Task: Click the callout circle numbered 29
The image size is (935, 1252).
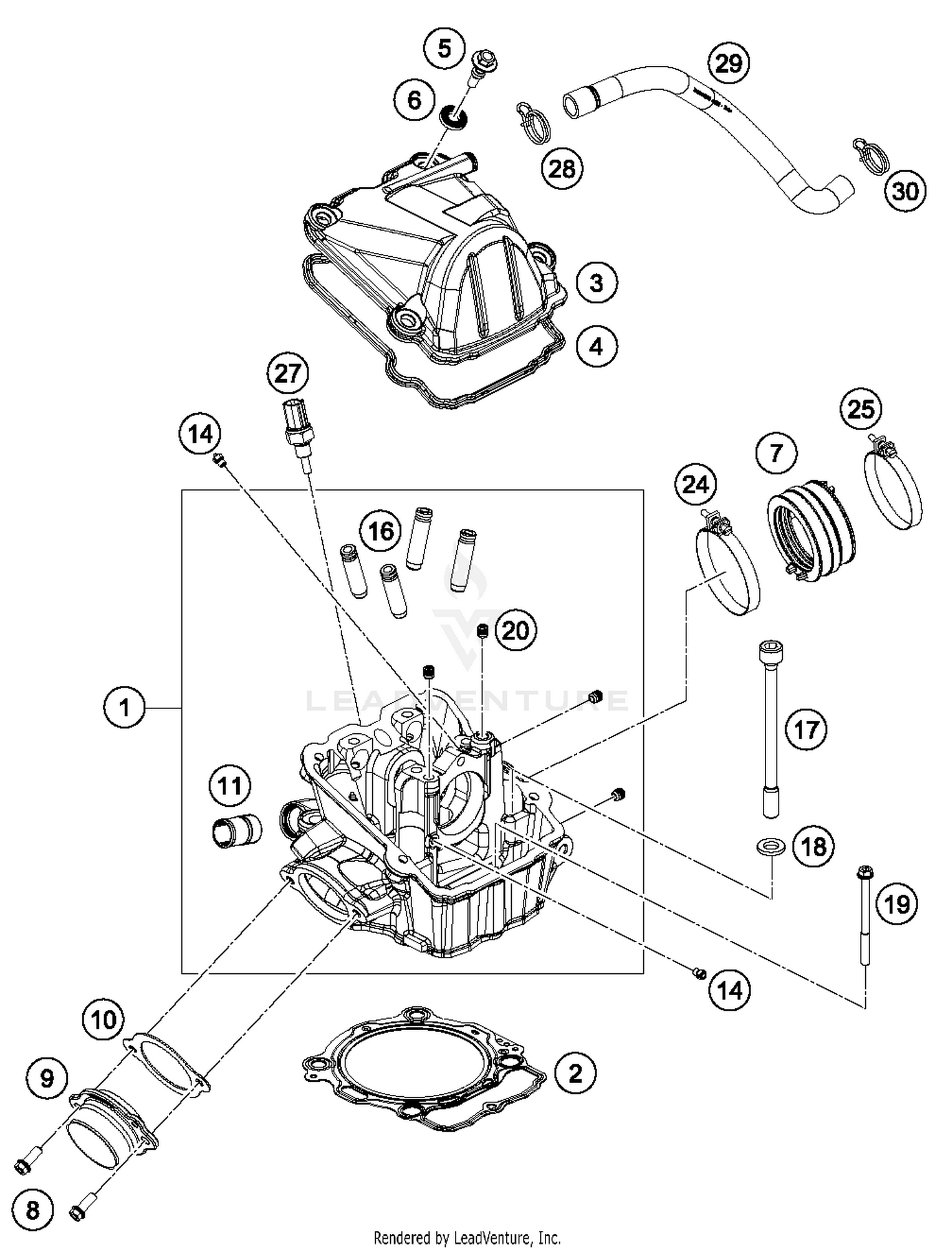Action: coord(728,64)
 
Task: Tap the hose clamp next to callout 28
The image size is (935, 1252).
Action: coord(532,122)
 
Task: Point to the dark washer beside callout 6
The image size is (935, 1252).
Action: coord(454,117)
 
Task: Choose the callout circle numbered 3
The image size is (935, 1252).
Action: coord(596,282)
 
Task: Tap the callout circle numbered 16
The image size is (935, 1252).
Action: coord(381,531)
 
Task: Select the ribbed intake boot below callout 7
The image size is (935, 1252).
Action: coord(810,530)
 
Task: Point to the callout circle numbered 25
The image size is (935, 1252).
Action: coord(861,410)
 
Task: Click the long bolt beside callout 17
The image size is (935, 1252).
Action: coord(771,730)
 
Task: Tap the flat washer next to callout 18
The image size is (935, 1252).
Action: coord(770,847)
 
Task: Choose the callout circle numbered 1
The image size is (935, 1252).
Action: coord(124,708)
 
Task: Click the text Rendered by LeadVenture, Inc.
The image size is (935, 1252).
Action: coord(467,1237)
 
